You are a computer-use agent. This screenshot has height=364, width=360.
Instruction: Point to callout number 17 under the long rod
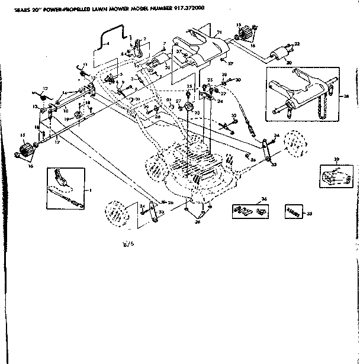(x=57, y=142)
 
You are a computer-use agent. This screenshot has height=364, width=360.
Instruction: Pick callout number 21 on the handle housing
(x=219, y=31)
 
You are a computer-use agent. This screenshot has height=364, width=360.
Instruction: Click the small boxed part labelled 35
(x=292, y=210)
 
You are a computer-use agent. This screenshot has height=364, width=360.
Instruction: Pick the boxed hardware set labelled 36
(x=248, y=210)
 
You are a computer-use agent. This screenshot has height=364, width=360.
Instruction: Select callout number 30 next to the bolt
(x=237, y=79)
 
